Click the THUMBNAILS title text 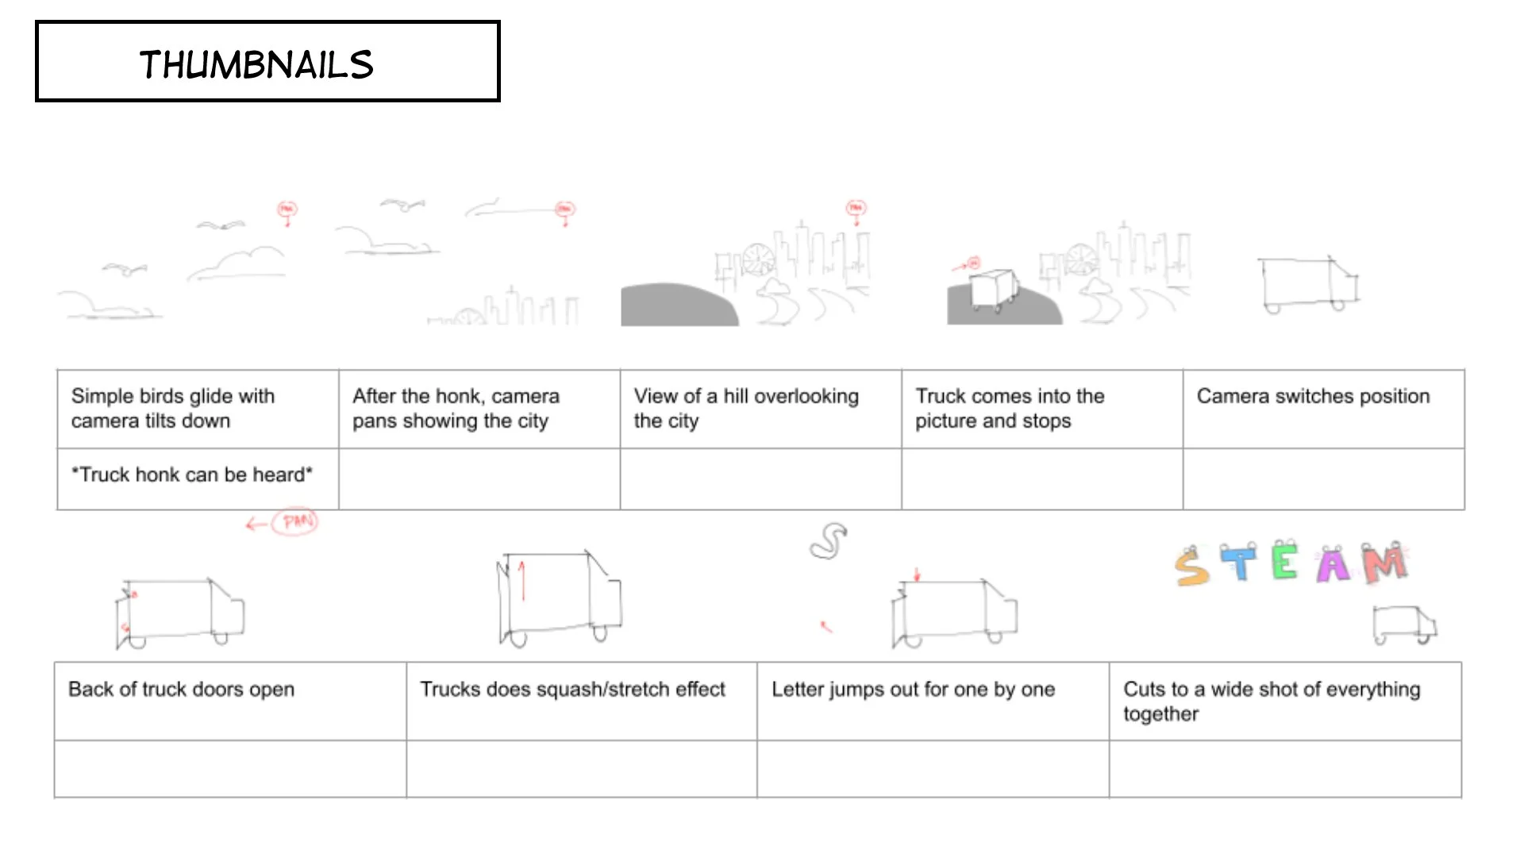click(256, 64)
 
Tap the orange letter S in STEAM click(1191, 567)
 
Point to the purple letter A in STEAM click(1333, 565)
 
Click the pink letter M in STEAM click(1384, 563)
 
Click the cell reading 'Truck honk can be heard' click(192, 475)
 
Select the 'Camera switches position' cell click(1313, 396)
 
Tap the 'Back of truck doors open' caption click(181, 689)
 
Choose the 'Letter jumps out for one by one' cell click(913, 689)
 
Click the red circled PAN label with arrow click(294, 521)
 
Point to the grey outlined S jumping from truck click(829, 541)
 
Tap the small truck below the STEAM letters click(1403, 624)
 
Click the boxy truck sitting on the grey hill click(993, 287)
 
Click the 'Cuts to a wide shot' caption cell click(1272, 701)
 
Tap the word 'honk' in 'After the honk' click(457, 396)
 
